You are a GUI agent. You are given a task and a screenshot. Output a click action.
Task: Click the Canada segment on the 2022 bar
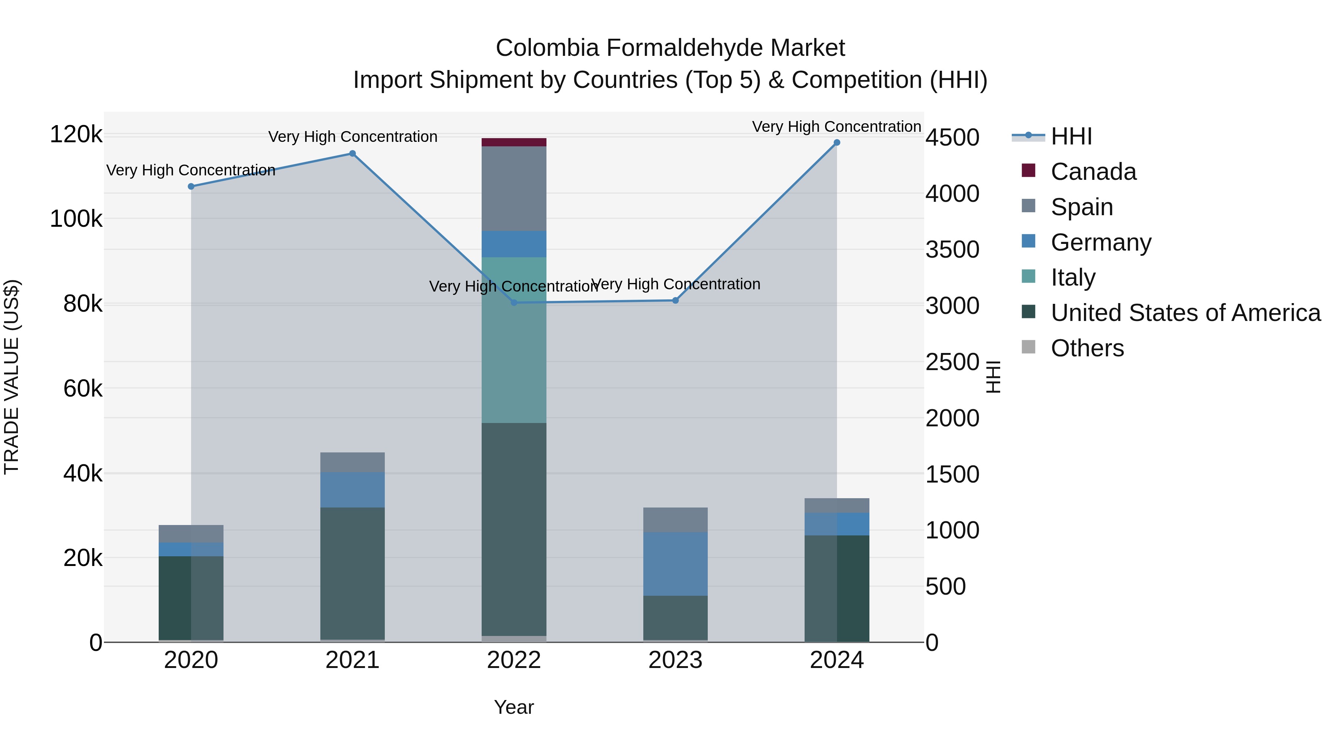click(x=514, y=142)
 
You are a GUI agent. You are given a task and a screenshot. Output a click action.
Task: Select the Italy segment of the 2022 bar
click(x=514, y=340)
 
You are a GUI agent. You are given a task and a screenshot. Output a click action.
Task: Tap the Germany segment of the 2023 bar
click(x=675, y=564)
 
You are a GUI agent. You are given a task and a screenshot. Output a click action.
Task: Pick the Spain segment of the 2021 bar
click(x=352, y=462)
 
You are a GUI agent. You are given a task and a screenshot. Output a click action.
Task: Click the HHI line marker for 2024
click(x=837, y=143)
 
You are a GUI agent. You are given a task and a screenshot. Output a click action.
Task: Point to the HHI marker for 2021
click(x=352, y=153)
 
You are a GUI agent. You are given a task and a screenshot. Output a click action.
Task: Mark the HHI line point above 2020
click(x=191, y=186)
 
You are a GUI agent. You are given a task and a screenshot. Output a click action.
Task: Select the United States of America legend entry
click(x=1185, y=313)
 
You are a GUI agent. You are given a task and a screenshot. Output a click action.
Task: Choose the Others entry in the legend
click(x=1087, y=348)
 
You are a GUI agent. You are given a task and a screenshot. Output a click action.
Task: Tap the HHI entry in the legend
click(x=1071, y=136)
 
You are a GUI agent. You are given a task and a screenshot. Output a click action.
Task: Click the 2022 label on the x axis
click(x=514, y=660)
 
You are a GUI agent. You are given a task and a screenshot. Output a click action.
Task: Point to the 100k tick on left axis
click(x=76, y=219)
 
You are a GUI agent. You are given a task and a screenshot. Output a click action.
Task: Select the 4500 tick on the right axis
click(x=952, y=138)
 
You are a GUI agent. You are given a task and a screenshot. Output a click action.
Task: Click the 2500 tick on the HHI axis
click(x=952, y=362)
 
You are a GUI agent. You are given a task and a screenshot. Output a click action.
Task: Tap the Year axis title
click(x=514, y=707)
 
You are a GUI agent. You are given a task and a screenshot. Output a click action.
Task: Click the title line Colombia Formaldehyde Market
click(x=670, y=48)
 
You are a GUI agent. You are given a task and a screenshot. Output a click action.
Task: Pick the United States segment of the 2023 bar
click(x=675, y=618)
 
